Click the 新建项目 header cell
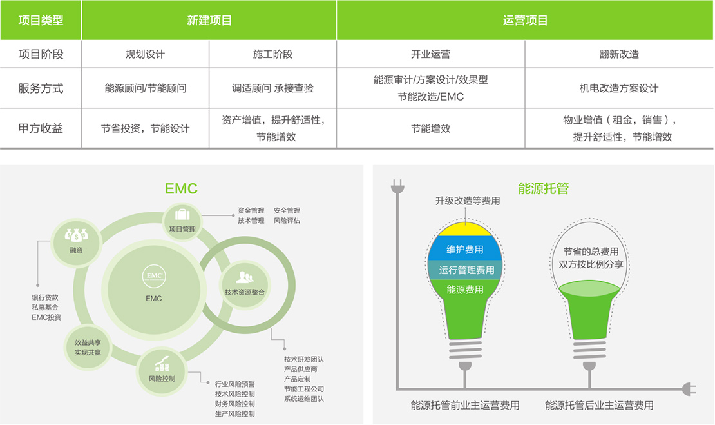pyautogui.click(x=209, y=20)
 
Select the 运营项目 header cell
pyautogui.click(x=526, y=20)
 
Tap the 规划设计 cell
pyautogui.click(x=145, y=54)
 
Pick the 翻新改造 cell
pyautogui.click(x=619, y=54)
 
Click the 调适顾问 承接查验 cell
pyautogui.click(x=272, y=88)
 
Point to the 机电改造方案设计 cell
pyautogui.click(x=619, y=88)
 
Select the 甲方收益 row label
pyautogui.click(x=41, y=128)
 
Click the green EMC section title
pyautogui.click(x=181, y=188)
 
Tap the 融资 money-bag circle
pyautogui.click(x=76, y=242)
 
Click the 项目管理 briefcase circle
pyautogui.click(x=182, y=221)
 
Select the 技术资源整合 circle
pyautogui.click(x=244, y=284)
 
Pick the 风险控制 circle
pyautogui.click(x=162, y=371)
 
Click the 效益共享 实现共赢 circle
pyautogui.click(x=88, y=348)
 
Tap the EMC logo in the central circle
pyautogui.click(x=154, y=276)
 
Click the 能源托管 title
pyautogui.click(x=544, y=188)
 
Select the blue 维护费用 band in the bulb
pyautogui.click(x=464, y=248)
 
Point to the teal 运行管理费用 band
pyautogui.click(x=465, y=270)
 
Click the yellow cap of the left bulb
pyautogui.click(x=465, y=230)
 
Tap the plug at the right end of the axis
pyautogui.click(x=689, y=389)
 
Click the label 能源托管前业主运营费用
pyautogui.click(x=465, y=406)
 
